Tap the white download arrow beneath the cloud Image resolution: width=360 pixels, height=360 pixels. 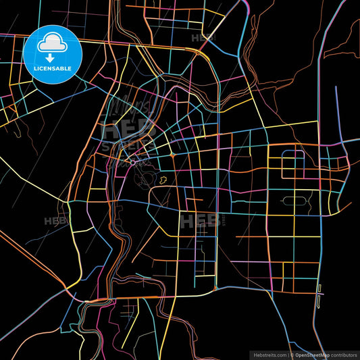pyautogui.click(x=51, y=50)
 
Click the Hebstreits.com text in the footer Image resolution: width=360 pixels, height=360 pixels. pyautogui.click(x=268, y=354)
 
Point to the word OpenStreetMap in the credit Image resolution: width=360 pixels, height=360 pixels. pyautogui.click(x=312, y=354)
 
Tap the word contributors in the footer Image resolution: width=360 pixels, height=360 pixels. pyautogui.click(x=342, y=354)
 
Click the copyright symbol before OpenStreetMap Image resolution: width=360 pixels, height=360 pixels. pyautogui.click(x=292, y=354)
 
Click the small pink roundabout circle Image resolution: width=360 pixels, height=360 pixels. pyautogui.click(x=134, y=162)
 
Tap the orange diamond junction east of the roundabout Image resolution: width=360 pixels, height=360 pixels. pyautogui.click(x=173, y=155)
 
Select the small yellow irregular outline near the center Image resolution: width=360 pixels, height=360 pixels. pyautogui.click(x=163, y=180)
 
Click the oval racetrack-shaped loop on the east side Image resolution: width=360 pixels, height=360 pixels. pyautogui.click(x=295, y=200)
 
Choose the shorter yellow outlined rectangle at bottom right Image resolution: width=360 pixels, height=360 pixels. pyautogui.click(x=319, y=288)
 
